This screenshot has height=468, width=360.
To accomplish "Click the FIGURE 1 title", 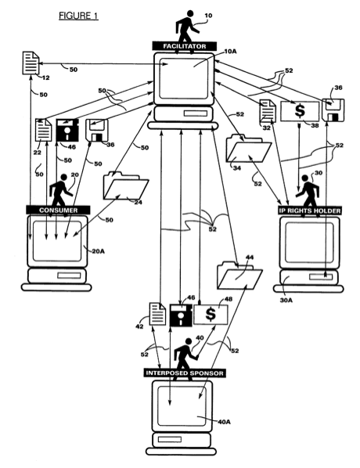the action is (x=78, y=16).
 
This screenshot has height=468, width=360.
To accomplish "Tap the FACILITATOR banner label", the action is (x=185, y=46).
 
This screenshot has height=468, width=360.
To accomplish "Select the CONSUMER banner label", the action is (x=58, y=210).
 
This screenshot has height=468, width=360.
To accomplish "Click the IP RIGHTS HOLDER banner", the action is (x=310, y=211).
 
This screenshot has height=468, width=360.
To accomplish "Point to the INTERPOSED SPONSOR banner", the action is (x=185, y=373).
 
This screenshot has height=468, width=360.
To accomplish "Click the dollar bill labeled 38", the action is (x=300, y=111).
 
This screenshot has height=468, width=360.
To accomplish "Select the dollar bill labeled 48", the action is (x=211, y=315).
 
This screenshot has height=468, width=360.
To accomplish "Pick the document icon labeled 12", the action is (x=31, y=63).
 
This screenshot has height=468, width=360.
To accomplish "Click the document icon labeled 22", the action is (x=44, y=130).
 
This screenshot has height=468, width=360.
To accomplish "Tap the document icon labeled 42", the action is (x=157, y=314).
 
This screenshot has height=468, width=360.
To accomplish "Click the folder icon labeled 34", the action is (x=249, y=149).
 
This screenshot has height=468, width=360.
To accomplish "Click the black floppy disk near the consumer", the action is (x=67, y=130).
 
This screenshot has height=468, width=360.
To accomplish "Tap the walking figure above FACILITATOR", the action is (x=186, y=27).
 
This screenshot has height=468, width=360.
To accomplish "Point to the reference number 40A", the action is (x=224, y=422).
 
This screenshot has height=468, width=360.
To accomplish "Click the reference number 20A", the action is (x=98, y=251).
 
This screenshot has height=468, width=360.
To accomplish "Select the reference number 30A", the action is (x=286, y=300).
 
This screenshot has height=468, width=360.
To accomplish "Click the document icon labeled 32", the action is (x=268, y=111).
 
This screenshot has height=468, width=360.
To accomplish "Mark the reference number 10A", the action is (x=230, y=52).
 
